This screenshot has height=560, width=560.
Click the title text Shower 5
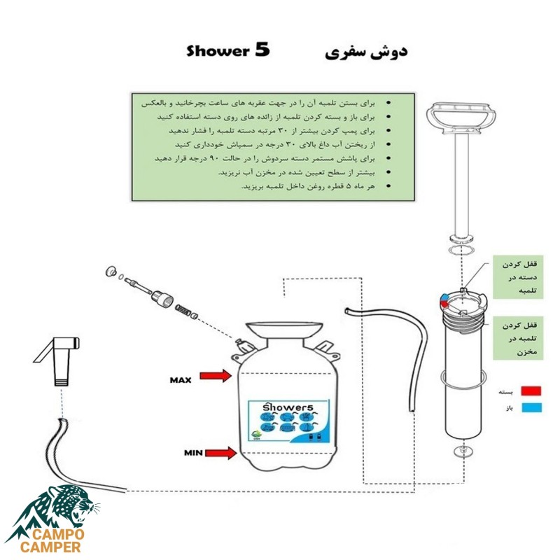point(228,52)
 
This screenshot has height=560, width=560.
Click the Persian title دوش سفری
point(367,52)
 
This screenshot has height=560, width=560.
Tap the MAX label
point(181,380)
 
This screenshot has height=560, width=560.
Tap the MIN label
point(194,453)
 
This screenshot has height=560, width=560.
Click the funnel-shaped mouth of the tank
point(283,329)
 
